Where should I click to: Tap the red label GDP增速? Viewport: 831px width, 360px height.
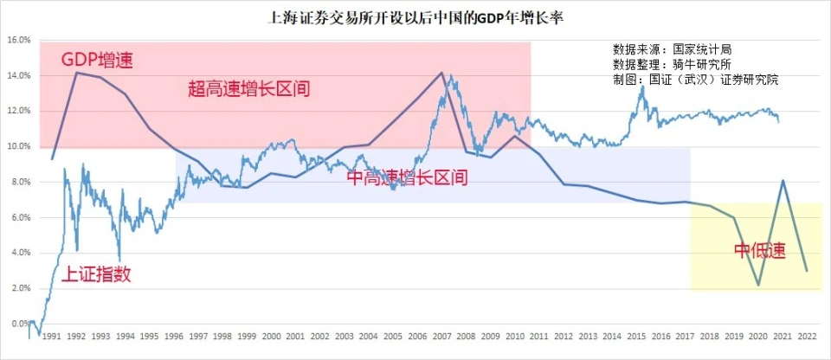point(98,60)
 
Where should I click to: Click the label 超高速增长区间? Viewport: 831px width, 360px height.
point(248,89)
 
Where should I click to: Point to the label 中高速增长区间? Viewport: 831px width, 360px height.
point(406,178)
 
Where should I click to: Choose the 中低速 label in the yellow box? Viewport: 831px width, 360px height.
point(759,252)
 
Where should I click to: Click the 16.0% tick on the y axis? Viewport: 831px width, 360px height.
point(18,41)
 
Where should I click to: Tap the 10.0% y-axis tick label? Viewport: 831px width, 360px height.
point(18,147)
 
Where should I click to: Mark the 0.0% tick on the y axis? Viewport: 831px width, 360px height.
point(18,324)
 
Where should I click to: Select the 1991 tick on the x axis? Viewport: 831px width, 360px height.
point(51,336)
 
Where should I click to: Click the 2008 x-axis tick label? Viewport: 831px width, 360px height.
point(466,336)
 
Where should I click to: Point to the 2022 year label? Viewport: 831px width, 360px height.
point(807,336)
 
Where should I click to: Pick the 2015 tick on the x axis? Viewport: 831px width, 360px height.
point(636,336)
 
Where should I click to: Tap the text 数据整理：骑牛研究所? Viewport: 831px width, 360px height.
point(672,64)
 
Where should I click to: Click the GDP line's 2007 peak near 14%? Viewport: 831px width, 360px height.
point(441,73)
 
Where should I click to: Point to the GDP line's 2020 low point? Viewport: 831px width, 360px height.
point(758,285)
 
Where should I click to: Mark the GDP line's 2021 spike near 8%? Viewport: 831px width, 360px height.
point(783,180)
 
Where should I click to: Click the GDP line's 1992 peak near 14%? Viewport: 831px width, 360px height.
point(76,73)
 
